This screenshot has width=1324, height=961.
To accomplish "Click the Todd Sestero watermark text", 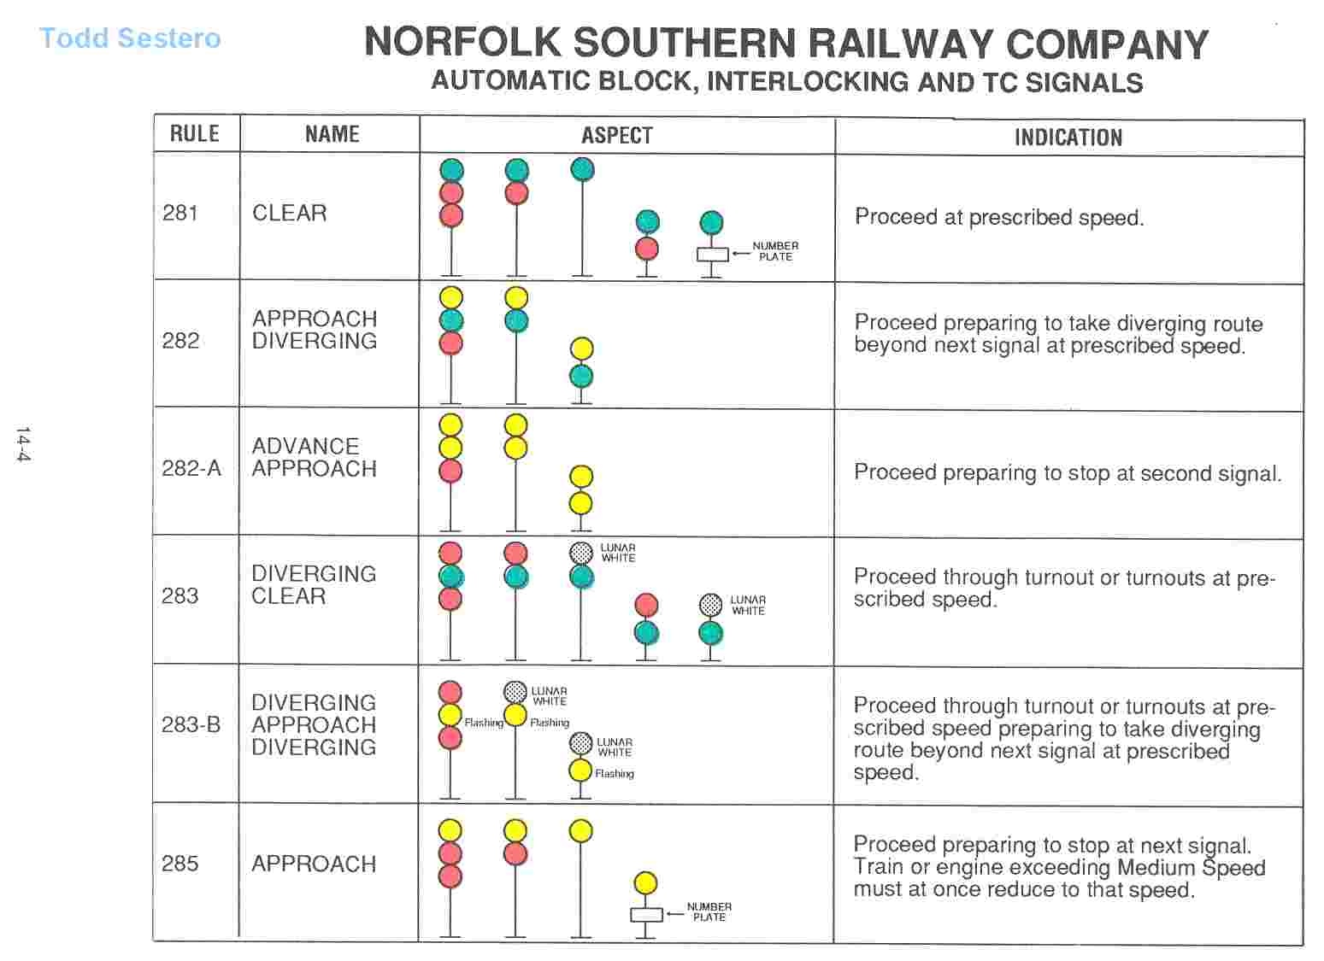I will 130,38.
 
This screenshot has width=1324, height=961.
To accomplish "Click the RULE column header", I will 195,134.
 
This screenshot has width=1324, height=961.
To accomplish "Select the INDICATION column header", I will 1068,138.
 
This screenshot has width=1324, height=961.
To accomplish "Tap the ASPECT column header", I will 617,136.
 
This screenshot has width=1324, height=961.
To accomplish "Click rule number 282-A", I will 191,468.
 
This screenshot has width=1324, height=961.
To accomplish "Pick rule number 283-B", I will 191,725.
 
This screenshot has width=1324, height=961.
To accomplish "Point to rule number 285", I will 179,864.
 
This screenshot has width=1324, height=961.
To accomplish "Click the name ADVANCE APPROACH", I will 314,458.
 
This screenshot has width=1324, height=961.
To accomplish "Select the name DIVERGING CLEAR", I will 314,585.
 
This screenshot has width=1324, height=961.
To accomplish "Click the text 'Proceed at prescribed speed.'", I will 998,217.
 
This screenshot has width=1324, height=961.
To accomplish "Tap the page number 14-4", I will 23,444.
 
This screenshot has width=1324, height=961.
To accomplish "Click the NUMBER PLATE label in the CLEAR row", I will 775,251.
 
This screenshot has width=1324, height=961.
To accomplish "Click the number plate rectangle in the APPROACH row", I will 646,915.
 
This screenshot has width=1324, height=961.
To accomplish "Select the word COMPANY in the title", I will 1107,44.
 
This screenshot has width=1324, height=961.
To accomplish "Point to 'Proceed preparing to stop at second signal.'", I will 1067,473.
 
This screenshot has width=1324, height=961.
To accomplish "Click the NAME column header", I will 332,134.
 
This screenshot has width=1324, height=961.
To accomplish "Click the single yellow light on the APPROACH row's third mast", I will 580,831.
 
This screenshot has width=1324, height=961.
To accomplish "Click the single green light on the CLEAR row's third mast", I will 582,170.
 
